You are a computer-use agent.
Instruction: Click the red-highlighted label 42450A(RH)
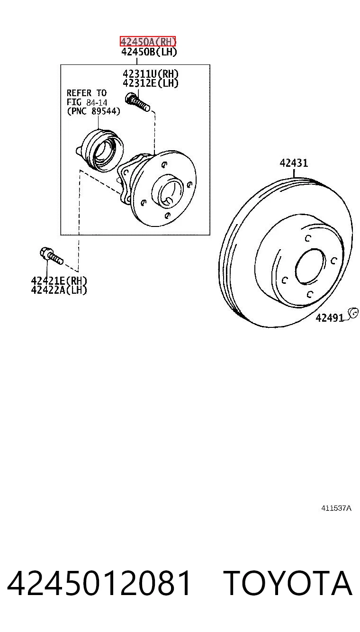[x=148, y=42]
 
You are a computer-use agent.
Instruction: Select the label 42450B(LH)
[x=149, y=52]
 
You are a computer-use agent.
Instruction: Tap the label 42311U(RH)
[x=151, y=74]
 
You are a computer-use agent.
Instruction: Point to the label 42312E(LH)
[x=151, y=83]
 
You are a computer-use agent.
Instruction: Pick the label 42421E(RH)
[x=59, y=281]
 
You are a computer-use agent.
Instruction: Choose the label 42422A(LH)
[x=59, y=290]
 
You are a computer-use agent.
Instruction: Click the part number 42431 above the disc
[x=294, y=163]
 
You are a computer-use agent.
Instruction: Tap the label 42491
[x=329, y=318]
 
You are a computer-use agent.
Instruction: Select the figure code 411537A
[x=336, y=508]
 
